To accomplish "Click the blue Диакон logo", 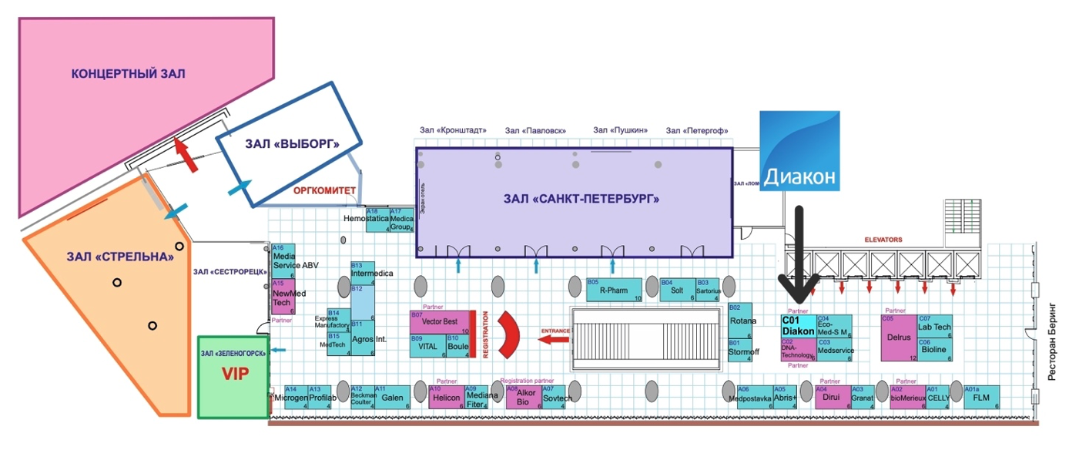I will pos(799,150).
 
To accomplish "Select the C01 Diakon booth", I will pos(798,326).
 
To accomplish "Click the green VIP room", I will pos(233,376).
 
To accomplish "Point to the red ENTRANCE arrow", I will pos(553,337).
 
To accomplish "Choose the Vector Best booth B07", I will pos(439,322).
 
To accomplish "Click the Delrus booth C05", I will pos(898,337).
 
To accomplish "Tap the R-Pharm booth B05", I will pos(614,290).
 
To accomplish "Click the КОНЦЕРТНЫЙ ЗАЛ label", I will pos(128,74).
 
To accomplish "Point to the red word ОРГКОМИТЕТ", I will pos(323,190).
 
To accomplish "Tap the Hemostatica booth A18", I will pos(377,220).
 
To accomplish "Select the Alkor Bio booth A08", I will pos(524,397).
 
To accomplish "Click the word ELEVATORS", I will pos(883,240).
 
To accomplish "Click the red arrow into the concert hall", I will pos(185,153).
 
